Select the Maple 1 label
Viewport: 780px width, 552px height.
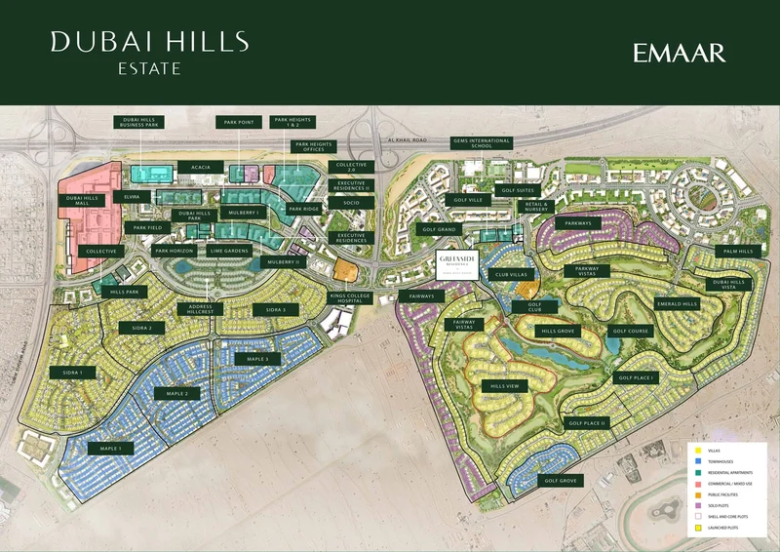pyautogui.click(x=109, y=448)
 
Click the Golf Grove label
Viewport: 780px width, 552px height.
pyautogui.click(x=562, y=481)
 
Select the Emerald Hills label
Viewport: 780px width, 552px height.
pyautogui.click(x=678, y=303)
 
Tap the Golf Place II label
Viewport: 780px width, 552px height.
pyautogui.click(x=587, y=423)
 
